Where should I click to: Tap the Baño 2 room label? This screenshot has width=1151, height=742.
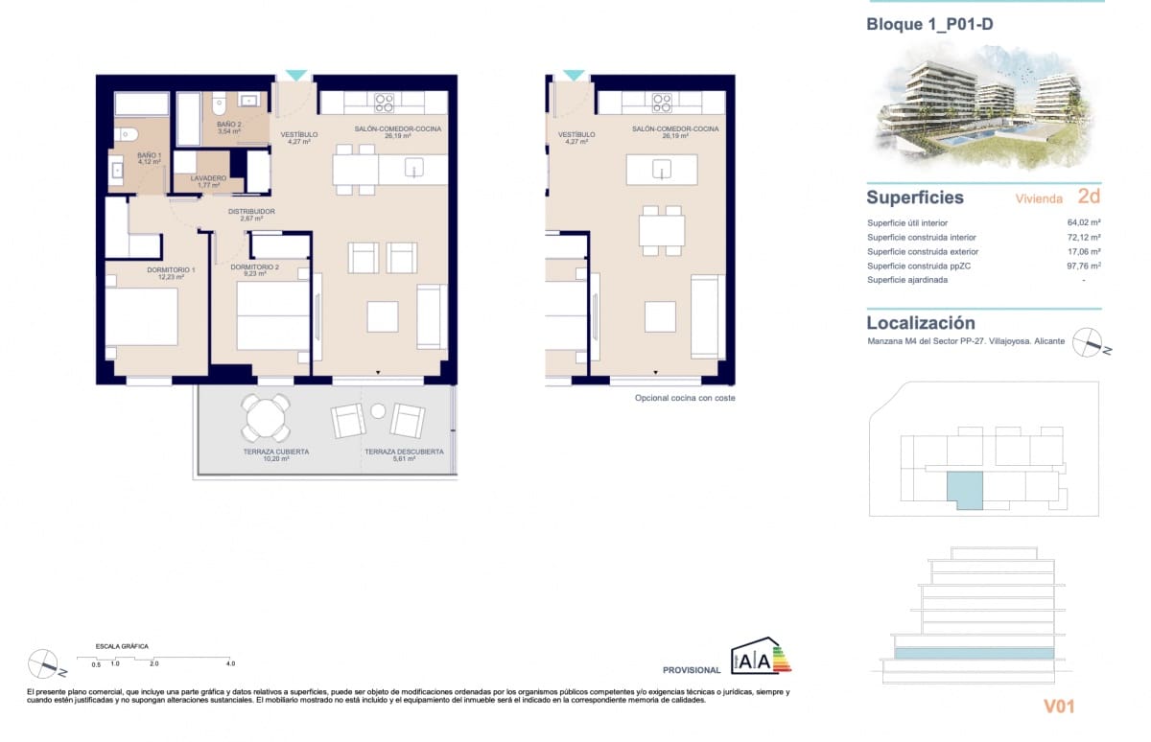pos(228,128)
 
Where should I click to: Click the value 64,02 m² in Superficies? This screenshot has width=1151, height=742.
pos(1082,223)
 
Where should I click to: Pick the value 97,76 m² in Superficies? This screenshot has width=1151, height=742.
pos(1082,267)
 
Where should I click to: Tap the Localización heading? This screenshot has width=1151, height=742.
pos(920,323)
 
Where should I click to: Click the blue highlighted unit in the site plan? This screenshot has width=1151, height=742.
pos(965,489)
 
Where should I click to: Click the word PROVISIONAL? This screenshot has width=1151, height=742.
pos(691,670)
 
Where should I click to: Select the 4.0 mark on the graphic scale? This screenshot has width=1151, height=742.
pos(230,663)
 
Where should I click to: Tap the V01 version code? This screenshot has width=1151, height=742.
pos(1058,707)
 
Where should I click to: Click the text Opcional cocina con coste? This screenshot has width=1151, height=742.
pos(685,398)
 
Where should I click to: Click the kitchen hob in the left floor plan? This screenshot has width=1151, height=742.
pos(385,102)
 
